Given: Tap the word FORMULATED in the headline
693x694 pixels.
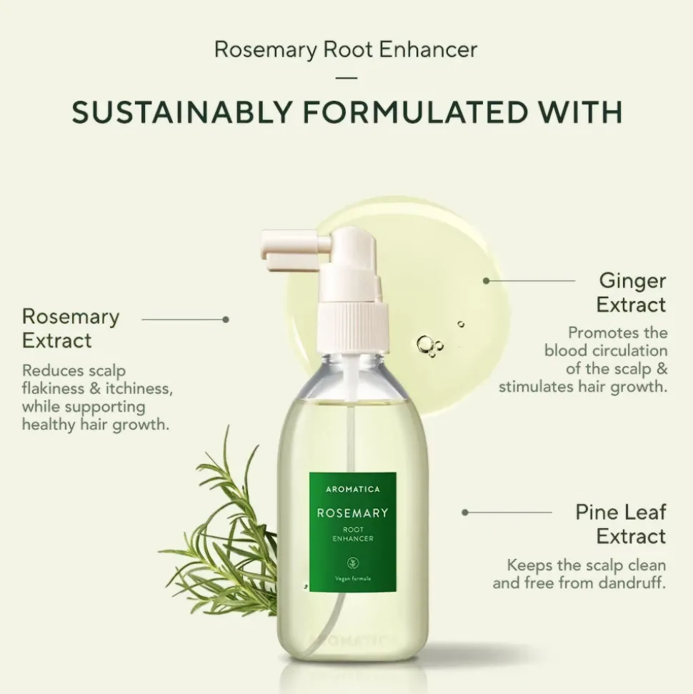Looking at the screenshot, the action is pyautogui.click(x=414, y=112).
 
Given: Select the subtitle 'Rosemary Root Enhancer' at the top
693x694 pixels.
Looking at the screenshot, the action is pyautogui.click(x=346, y=49).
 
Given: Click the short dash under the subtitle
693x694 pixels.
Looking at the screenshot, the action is pyautogui.click(x=346, y=78).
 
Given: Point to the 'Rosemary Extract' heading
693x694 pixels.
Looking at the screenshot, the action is pyautogui.click(x=71, y=328).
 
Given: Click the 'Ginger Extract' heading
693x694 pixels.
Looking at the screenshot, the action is pyautogui.click(x=631, y=292).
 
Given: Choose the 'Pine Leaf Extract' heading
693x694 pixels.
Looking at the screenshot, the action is pyautogui.click(x=620, y=524).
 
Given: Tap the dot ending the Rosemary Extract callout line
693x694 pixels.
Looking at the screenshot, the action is pyautogui.click(x=226, y=319).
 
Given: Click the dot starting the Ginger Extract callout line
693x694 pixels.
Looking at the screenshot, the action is pyautogui.click(x=487, y=281).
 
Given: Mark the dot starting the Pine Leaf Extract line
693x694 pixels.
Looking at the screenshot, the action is pyautogui.click(x=464, y=512).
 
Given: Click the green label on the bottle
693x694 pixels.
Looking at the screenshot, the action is pyautogui.click(x=353, y=532).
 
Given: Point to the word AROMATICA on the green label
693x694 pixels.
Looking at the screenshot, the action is pyautogui.click(x=353, y=489).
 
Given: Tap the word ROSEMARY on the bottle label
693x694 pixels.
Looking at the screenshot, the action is pyautogui.click(x=353, y=513).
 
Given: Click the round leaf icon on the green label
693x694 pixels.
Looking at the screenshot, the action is pyautogui.click(x=353, y=563).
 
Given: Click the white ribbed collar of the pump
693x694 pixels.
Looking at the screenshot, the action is pyautogui.click(x=353, y=326).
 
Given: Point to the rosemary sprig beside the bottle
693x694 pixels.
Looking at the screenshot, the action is pyautogui.click(x=221, y=527).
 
